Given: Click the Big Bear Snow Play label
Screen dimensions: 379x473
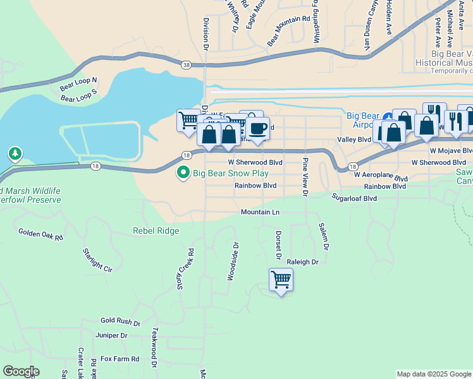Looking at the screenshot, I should pyautogui.click(x=231, y=172).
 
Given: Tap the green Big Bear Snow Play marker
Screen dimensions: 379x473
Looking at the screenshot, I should pyautogui.click(x=183, y=172).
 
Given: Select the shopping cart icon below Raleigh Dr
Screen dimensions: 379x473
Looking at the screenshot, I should pyautogui.click(x=281, y=279).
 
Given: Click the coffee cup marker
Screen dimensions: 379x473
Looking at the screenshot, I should pyautogui.click(x=257, y=129).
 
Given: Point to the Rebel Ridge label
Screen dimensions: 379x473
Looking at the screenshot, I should pyautogui.click(x=156, y=231).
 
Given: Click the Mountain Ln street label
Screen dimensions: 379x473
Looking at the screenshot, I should pyautogui.click(x=260, y=212).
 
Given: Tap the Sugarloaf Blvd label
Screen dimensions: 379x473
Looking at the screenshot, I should pyautogui.click(x=355, y=198).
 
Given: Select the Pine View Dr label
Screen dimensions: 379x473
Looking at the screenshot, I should pyautogui.click(x=305, y=177).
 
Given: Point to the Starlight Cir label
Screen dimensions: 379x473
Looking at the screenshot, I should pyautogui.click(x=97, y=260).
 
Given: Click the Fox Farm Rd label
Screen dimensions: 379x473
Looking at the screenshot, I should pyautogui.click(x=120, y=359).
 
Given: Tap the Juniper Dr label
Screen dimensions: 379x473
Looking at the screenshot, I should pyautogui.click(x=111, y=335).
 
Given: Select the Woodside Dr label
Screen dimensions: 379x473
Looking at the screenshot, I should pyautogui.click(x=232, y=261).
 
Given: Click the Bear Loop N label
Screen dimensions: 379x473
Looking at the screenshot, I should pyautogui.click(x=78, y=81).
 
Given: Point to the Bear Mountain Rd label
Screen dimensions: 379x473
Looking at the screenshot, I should pyautogui.click(x=288, y=30).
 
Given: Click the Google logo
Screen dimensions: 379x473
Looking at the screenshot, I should pyautogui.click(x=21, y=371).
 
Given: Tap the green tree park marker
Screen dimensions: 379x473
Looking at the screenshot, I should pyautogui.click(x=15, y=153).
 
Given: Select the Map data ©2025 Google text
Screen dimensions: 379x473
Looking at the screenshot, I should pyautogui.click(x=433, y=374).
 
